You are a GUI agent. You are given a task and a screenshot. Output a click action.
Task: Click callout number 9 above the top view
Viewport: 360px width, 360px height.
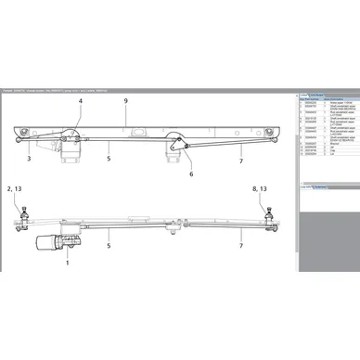(x=126, y=100)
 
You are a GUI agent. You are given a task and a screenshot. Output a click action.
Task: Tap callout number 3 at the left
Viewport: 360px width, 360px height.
(x=30, y=161)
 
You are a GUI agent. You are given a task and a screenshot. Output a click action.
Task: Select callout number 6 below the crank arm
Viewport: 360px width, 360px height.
(x=191, y=174)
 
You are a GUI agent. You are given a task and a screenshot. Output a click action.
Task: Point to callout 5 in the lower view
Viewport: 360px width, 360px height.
(x=109, y=246)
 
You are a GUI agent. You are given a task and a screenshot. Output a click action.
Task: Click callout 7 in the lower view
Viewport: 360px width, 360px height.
(x=240, y=247)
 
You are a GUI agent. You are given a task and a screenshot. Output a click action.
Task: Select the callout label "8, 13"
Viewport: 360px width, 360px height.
(x=263, y=188)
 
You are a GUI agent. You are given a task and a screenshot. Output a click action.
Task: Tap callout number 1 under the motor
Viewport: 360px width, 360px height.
(x=68, y=264)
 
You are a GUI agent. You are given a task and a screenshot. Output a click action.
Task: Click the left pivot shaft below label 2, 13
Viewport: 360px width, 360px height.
(x=19, y=221)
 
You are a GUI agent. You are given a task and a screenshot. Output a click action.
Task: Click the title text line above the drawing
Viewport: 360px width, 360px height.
(x=56, y=89)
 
